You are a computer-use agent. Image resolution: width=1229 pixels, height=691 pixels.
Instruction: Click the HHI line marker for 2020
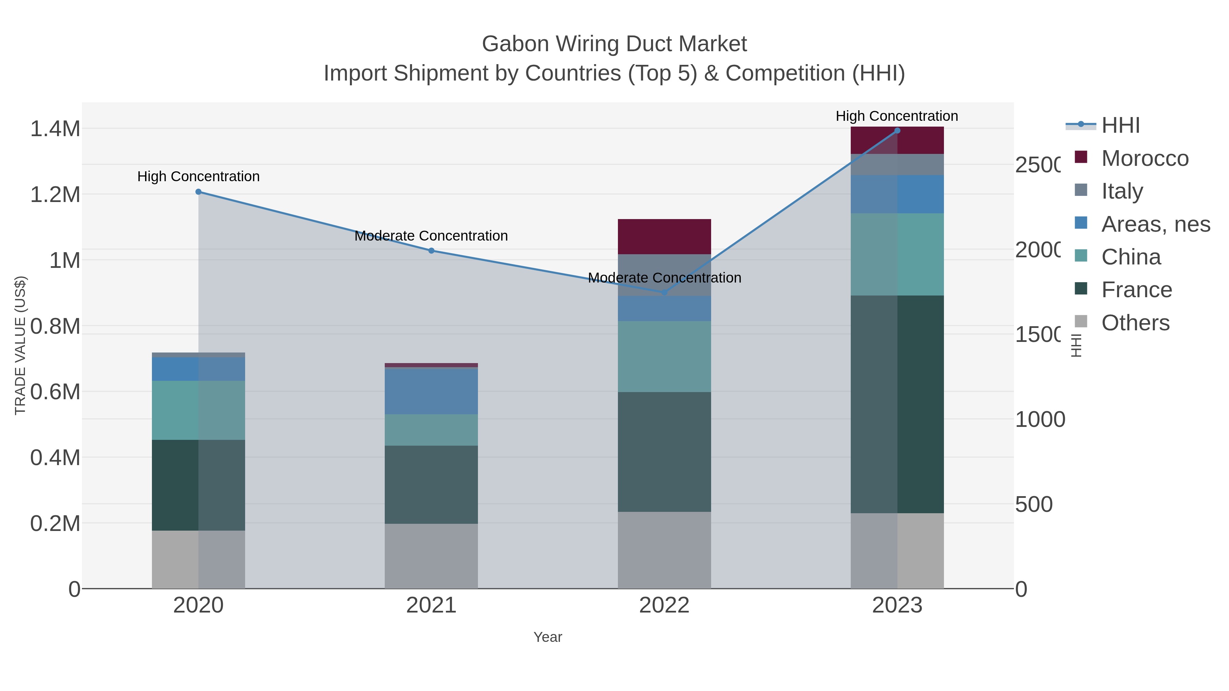[x=198, y=192]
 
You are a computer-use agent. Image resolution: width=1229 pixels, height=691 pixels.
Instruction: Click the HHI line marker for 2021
[x=431, y=250]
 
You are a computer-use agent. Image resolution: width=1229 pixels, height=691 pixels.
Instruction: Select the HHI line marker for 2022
[x=664, y=292]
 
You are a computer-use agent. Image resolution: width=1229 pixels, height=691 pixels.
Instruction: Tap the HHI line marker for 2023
[x=897, y=131]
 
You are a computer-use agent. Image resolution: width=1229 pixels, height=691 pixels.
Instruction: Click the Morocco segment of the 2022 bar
[x=664, y=236]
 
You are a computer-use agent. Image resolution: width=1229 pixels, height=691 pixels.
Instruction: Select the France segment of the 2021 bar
[x=431, y=485]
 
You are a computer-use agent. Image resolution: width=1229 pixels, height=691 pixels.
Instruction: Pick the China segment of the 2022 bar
[x=664, y=356]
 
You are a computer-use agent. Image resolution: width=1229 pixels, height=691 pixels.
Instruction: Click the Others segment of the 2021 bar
[x=431, y=556]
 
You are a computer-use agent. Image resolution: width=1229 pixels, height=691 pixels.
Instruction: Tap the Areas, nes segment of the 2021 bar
[x=431, y=391]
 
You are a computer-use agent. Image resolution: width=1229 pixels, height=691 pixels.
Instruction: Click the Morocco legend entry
[x=1145, y=158]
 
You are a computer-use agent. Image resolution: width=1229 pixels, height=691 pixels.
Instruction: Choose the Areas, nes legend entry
[x=1155, y=224]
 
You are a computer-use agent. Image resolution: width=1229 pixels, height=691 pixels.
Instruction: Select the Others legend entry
[x=1135, y=323]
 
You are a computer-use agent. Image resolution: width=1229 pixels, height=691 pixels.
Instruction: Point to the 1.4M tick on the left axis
[x=55, y=129]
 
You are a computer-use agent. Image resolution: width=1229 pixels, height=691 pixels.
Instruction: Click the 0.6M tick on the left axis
[x=55, y=392]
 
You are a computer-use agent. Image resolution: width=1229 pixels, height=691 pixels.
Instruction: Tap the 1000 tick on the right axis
[x=1040, y=420]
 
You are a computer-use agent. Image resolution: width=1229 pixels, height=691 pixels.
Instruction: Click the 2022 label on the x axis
[x=664, y=606]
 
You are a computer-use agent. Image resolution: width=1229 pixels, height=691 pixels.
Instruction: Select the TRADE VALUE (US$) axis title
[x=20, y=345]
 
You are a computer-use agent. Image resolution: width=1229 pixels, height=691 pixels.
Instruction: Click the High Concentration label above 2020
[x=198, y=176]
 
